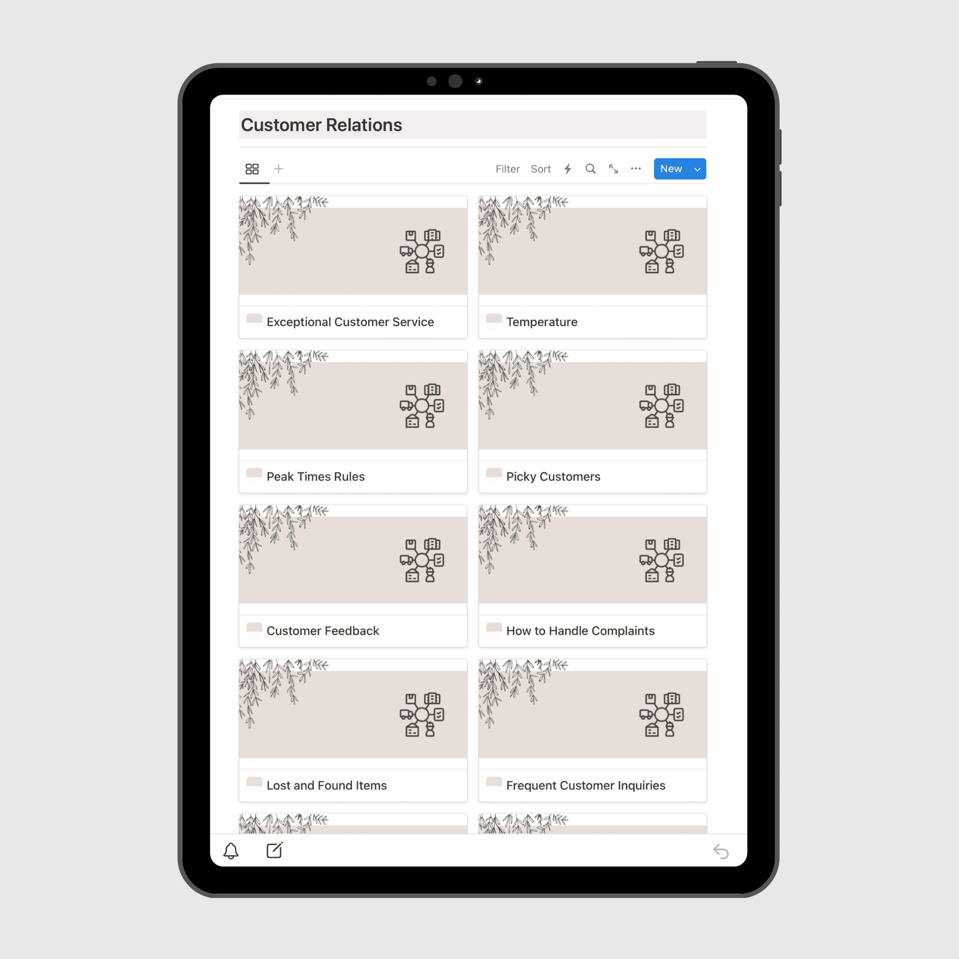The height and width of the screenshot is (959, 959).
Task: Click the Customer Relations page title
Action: point(321,125)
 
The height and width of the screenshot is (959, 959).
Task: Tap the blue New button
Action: point(671,169)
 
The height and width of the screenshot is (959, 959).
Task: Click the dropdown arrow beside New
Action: point(697,169)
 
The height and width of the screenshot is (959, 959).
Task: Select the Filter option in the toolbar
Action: point(507,169)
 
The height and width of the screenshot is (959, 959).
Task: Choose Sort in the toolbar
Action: point(541,169)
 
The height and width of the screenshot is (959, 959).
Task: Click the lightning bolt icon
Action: point(568,169)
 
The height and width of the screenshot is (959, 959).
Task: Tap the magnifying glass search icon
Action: point(590,169)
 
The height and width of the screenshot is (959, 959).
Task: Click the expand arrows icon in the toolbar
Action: point(614,169)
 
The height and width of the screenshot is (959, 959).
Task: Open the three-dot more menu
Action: point(636,169)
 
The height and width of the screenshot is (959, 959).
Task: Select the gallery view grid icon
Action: point(252,169)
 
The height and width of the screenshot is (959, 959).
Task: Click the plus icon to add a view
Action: point(279,169)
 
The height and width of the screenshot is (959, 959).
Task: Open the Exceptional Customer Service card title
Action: point(350,322)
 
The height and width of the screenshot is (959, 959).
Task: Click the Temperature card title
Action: point(542,322)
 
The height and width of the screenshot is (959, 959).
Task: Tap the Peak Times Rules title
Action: point(315,477)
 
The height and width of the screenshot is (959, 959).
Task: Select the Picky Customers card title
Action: point(553,477)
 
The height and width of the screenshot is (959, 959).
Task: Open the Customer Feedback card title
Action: point(323,631)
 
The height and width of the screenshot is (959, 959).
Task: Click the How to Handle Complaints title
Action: point(580,631)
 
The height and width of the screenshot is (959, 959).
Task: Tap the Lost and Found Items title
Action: point(327,785)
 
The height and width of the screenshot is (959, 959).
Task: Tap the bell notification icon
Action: point(231,851)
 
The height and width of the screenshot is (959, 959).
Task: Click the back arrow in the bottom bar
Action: point(721,852)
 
